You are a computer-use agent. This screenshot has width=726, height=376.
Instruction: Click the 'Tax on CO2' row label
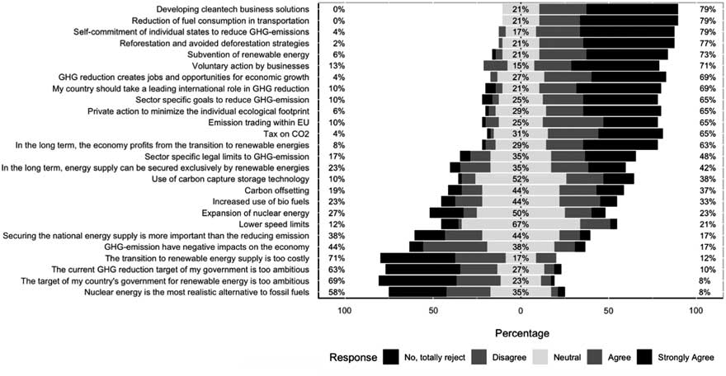(x=286, y=133)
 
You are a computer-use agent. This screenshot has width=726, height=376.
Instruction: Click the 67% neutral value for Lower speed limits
(x=520, y=223)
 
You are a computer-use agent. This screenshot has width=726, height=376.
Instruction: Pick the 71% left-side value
(x=338, y=257)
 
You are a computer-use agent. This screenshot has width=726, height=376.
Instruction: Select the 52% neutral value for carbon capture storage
(x=520, y=178)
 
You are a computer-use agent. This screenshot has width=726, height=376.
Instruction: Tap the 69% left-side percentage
(x=338, y=280)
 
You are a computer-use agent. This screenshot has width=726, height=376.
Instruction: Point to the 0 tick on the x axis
(x=520, y=311)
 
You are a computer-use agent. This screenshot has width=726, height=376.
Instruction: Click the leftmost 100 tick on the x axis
(x=345, y=311)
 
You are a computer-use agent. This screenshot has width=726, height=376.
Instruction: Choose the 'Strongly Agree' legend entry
(x=682, y=358)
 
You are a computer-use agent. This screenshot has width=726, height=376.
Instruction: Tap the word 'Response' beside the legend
(x=352, y=358)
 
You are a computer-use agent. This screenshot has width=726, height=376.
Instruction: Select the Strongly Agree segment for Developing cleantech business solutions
(x=655, y=8)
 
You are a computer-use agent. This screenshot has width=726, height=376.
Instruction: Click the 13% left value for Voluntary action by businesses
(x=338, y=65)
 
